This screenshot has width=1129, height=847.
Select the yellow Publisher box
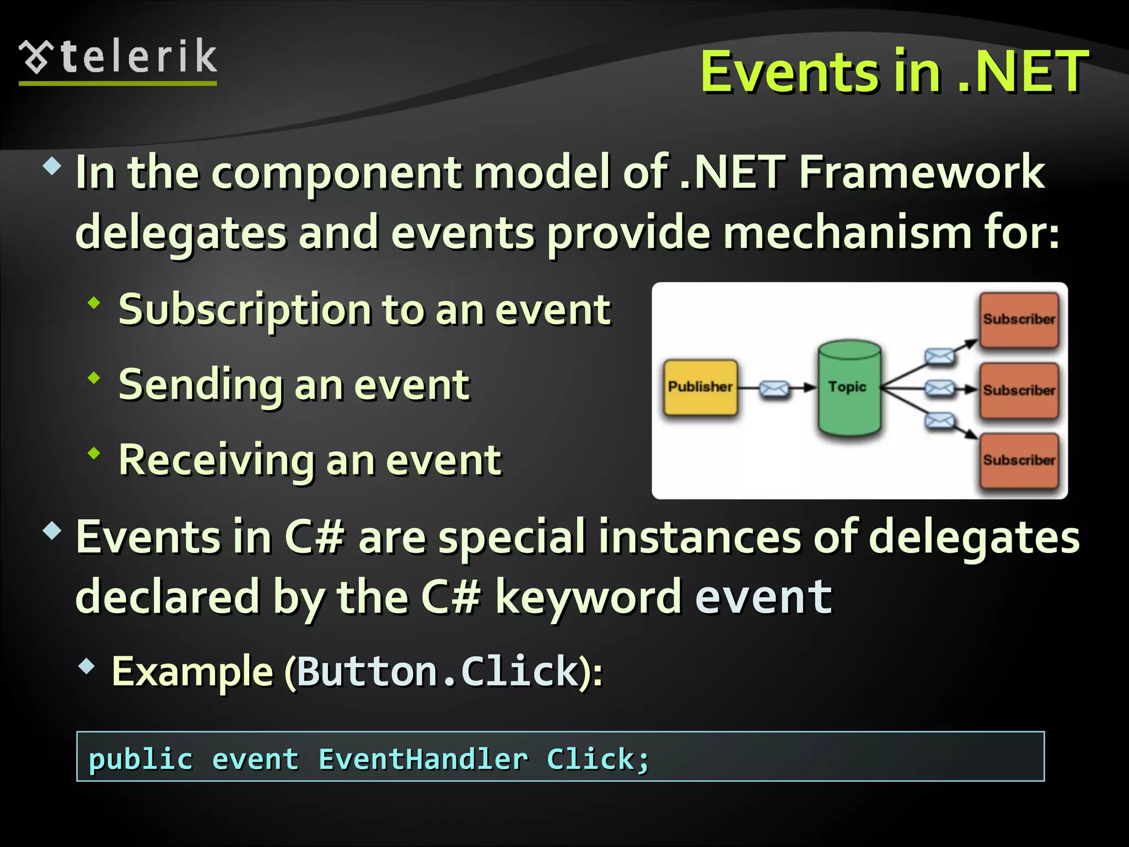point(700,387)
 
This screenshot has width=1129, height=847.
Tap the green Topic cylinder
point(849,388)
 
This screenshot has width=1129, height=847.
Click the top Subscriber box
point(1019,319)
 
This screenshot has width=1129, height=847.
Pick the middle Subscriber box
point(1019,390)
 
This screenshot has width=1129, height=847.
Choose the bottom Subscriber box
point(1019,460)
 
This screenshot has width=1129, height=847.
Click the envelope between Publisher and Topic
point(774,389)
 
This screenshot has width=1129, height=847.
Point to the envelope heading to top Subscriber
point(939,356)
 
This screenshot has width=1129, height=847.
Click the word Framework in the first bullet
point(922,172)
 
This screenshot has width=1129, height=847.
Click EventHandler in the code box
point(423,759)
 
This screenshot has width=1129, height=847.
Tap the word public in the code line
point(141,759)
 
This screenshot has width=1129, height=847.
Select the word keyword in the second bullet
point(588,597)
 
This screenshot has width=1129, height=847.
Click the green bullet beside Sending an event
point(94,378)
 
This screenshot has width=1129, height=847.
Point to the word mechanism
point(847,233)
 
